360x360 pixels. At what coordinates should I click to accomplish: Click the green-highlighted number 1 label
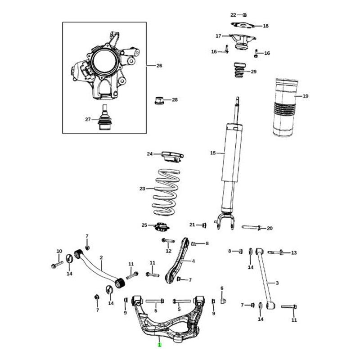pos(160,345)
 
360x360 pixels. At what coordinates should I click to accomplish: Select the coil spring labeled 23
pos(166,193)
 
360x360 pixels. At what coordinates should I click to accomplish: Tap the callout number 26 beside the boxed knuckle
pos(159,66)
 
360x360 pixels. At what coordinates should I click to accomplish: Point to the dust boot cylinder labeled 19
pos(285,108)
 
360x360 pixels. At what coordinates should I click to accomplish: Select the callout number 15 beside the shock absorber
pos(213,153)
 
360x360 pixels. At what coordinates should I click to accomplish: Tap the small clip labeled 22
pos(245,15)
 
